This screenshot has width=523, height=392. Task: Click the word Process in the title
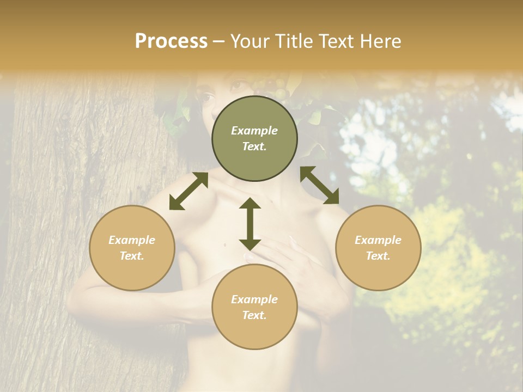coord(171,41)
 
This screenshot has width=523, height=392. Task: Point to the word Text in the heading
coord(339,41)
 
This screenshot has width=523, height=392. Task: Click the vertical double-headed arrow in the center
coord(250,224)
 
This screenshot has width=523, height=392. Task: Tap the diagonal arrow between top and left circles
coord(188,192)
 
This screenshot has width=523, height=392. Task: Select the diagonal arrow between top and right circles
coord(319,185)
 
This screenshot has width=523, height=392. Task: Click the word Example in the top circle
coord(254,131)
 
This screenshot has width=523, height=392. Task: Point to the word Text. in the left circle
coord(132,256)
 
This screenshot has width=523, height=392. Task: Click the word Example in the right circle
coord(378,240)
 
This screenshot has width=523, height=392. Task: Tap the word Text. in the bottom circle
coord(254,315)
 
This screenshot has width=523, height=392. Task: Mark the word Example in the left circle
coord(132,240)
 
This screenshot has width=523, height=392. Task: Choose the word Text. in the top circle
coord(254,146)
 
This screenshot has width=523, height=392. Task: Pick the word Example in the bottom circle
coord(254,299)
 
